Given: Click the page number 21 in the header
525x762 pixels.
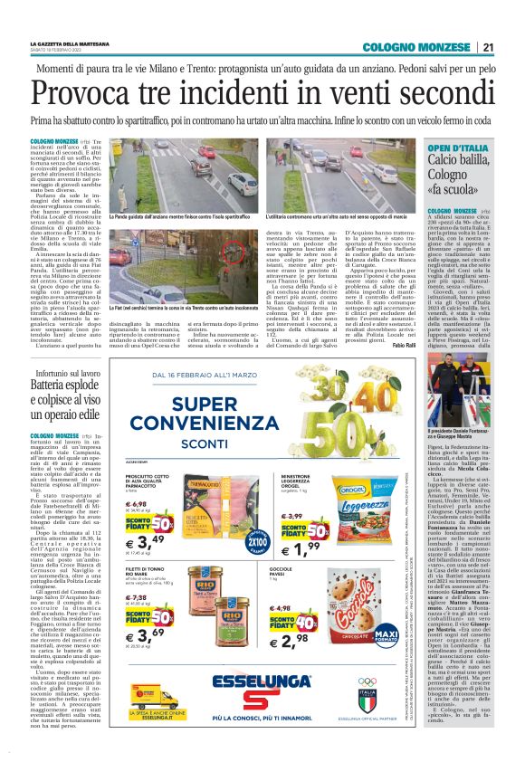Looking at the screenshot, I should (x=488, y=47).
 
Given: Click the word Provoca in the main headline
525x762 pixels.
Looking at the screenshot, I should (x=89, y=94).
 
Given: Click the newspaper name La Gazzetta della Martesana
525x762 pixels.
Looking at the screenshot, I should (x=63, y=43).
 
